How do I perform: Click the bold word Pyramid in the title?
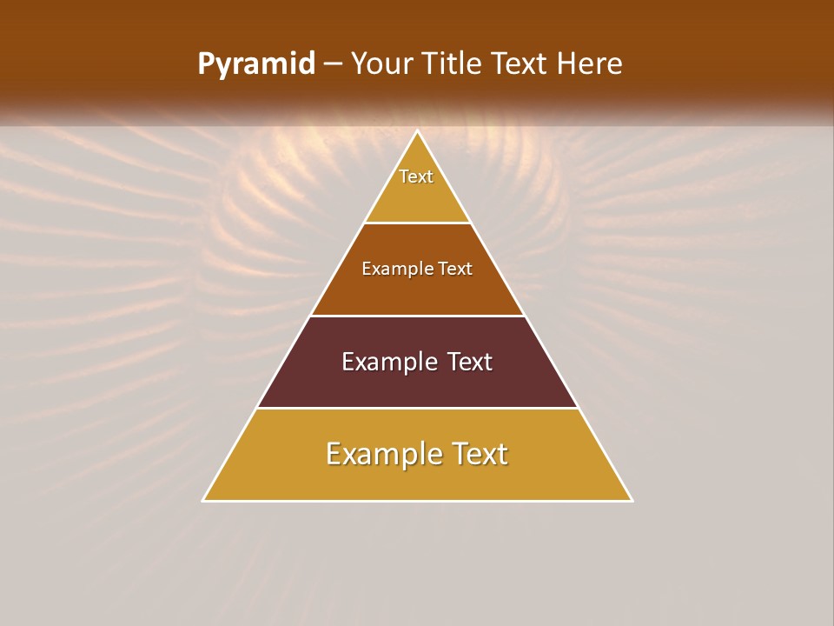(x=255, y=64)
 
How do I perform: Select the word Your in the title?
(x=381, y=64)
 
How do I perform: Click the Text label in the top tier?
(x=416, y=176)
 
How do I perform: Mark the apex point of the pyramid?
(x=418, y=131)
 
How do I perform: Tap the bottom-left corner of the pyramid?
(x=204, y=500)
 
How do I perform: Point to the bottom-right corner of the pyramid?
(x=632, y=500)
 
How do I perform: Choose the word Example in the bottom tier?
(x=379, y=454)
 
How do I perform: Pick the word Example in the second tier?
(x=393, y=269)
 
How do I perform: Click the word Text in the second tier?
(x=455, y=269)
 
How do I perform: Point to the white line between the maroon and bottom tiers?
(x=417, y=408)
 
